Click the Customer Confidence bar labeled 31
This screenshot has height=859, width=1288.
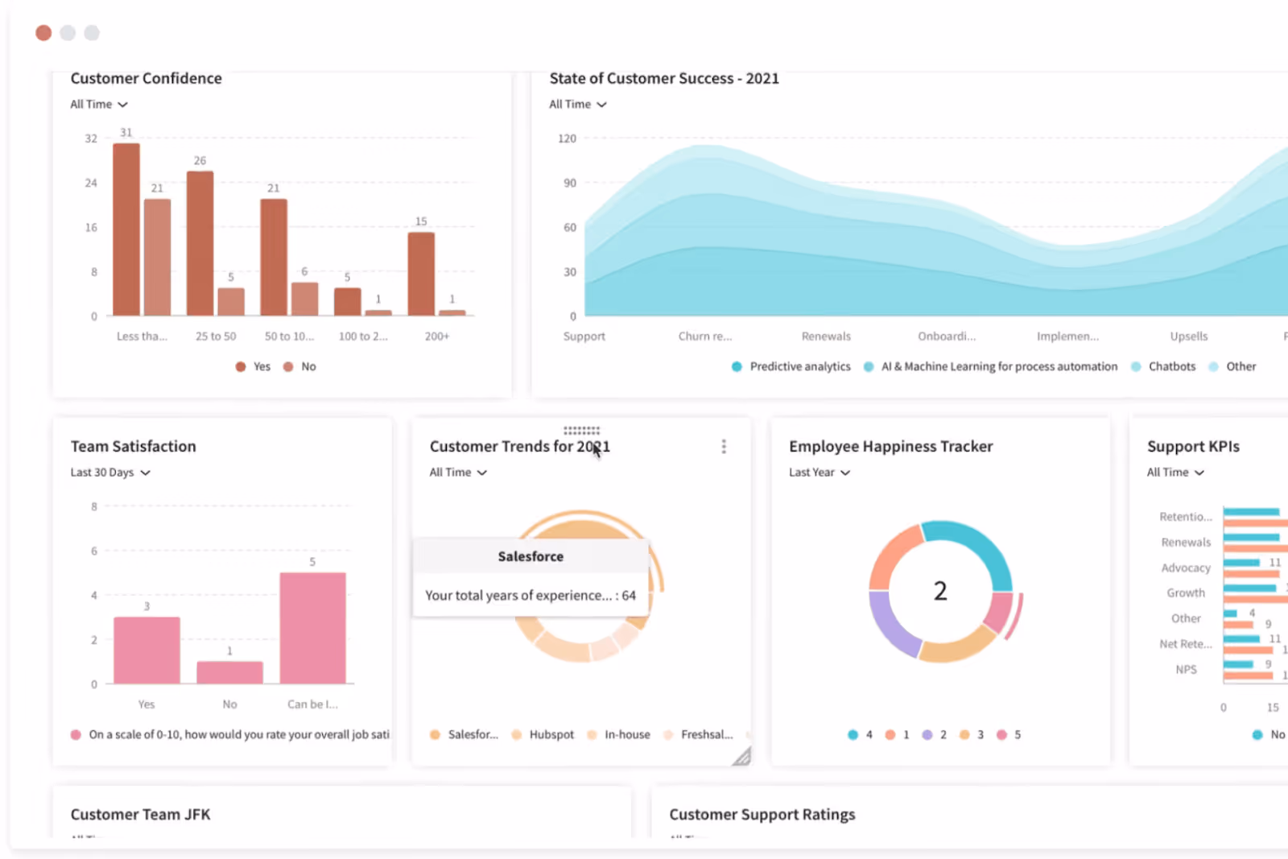[126, 229]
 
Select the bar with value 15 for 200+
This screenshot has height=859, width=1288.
[421, 274]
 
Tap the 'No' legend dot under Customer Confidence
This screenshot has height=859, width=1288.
[288, 367]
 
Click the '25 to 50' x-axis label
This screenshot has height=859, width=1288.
[216, 337]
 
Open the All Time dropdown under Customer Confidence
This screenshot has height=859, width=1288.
[99, 105]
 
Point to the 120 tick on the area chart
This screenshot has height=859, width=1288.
[567, 138]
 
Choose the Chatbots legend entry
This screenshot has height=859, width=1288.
[1171, 367]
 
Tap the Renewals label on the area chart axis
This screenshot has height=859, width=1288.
[826, 337]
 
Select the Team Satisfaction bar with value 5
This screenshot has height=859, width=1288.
[312, 628]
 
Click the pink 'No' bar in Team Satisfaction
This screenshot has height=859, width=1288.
[229, 672]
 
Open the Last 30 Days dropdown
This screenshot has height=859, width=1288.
[110, 473]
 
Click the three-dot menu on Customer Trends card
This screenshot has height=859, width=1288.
[724, 447]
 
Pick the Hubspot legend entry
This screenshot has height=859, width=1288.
[551, 735]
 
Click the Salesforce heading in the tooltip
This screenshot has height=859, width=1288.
[530, 556]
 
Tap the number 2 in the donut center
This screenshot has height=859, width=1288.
[940, 592]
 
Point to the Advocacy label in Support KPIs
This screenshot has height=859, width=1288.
[1185, 568]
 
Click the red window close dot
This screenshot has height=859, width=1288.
[43, 33]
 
